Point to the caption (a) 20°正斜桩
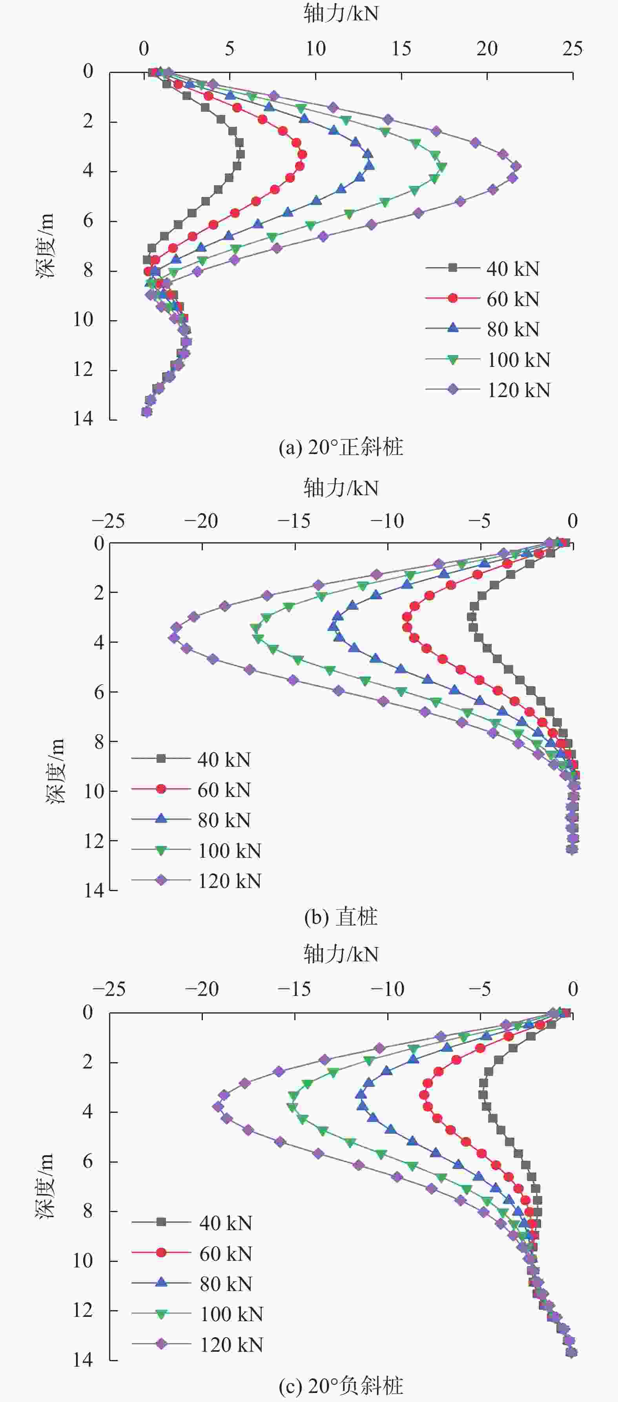point(341,447)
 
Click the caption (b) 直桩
point(341,917)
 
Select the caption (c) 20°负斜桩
point(341,1386)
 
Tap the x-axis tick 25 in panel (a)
point(572,49)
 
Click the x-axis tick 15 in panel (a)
point(401,49)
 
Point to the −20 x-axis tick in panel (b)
point(201,521)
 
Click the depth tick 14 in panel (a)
point(83,419)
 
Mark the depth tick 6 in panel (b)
point(98,692)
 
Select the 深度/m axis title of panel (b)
point(55,771)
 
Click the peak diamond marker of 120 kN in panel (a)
point(516,166)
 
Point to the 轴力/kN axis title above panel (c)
point(341,954)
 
